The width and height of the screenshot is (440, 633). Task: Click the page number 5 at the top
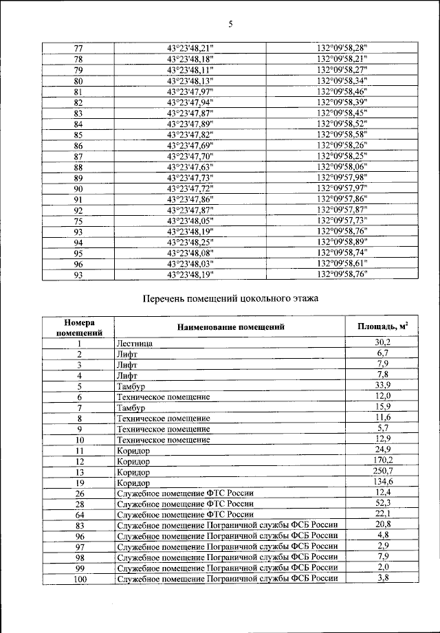pyautogui.click(x=230, y=25)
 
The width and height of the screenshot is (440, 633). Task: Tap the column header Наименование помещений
pyautogui.click(x=230, y=327)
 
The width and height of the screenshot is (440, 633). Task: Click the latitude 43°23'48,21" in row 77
pyautogui.click(x=190, y=47)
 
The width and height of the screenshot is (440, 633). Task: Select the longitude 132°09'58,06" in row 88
pyautogui.click(x=342, y=166)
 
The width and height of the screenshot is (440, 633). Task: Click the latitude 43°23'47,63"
pyautogui.click(x=190, y=166)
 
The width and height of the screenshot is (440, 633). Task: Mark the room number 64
pyautogui.click(x=79, y=514)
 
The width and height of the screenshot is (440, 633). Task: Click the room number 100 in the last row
pyautogui.click(x=79, y=580)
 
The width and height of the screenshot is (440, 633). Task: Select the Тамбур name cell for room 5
pyautogui.click(x=131, y=386)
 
